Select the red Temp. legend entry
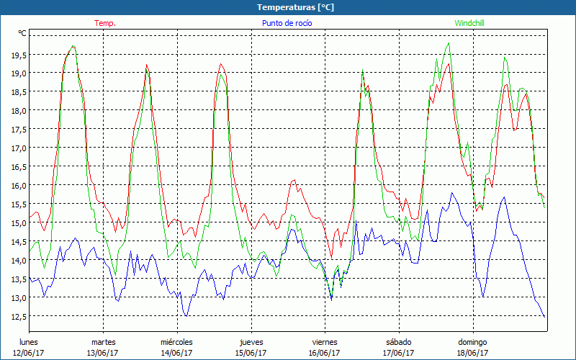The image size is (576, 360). (105, 23)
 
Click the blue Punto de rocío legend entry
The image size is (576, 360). (287, 23)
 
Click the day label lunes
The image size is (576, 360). (29, 341)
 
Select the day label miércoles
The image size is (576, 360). (176, 341)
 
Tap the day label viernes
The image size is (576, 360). (324, 341)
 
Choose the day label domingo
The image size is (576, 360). (472, 341)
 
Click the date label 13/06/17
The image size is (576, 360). (103, 353)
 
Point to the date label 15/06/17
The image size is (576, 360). (251, 353)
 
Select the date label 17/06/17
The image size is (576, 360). (398, 353)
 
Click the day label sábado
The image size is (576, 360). (398, 341)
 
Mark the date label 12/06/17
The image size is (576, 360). (29, 353)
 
